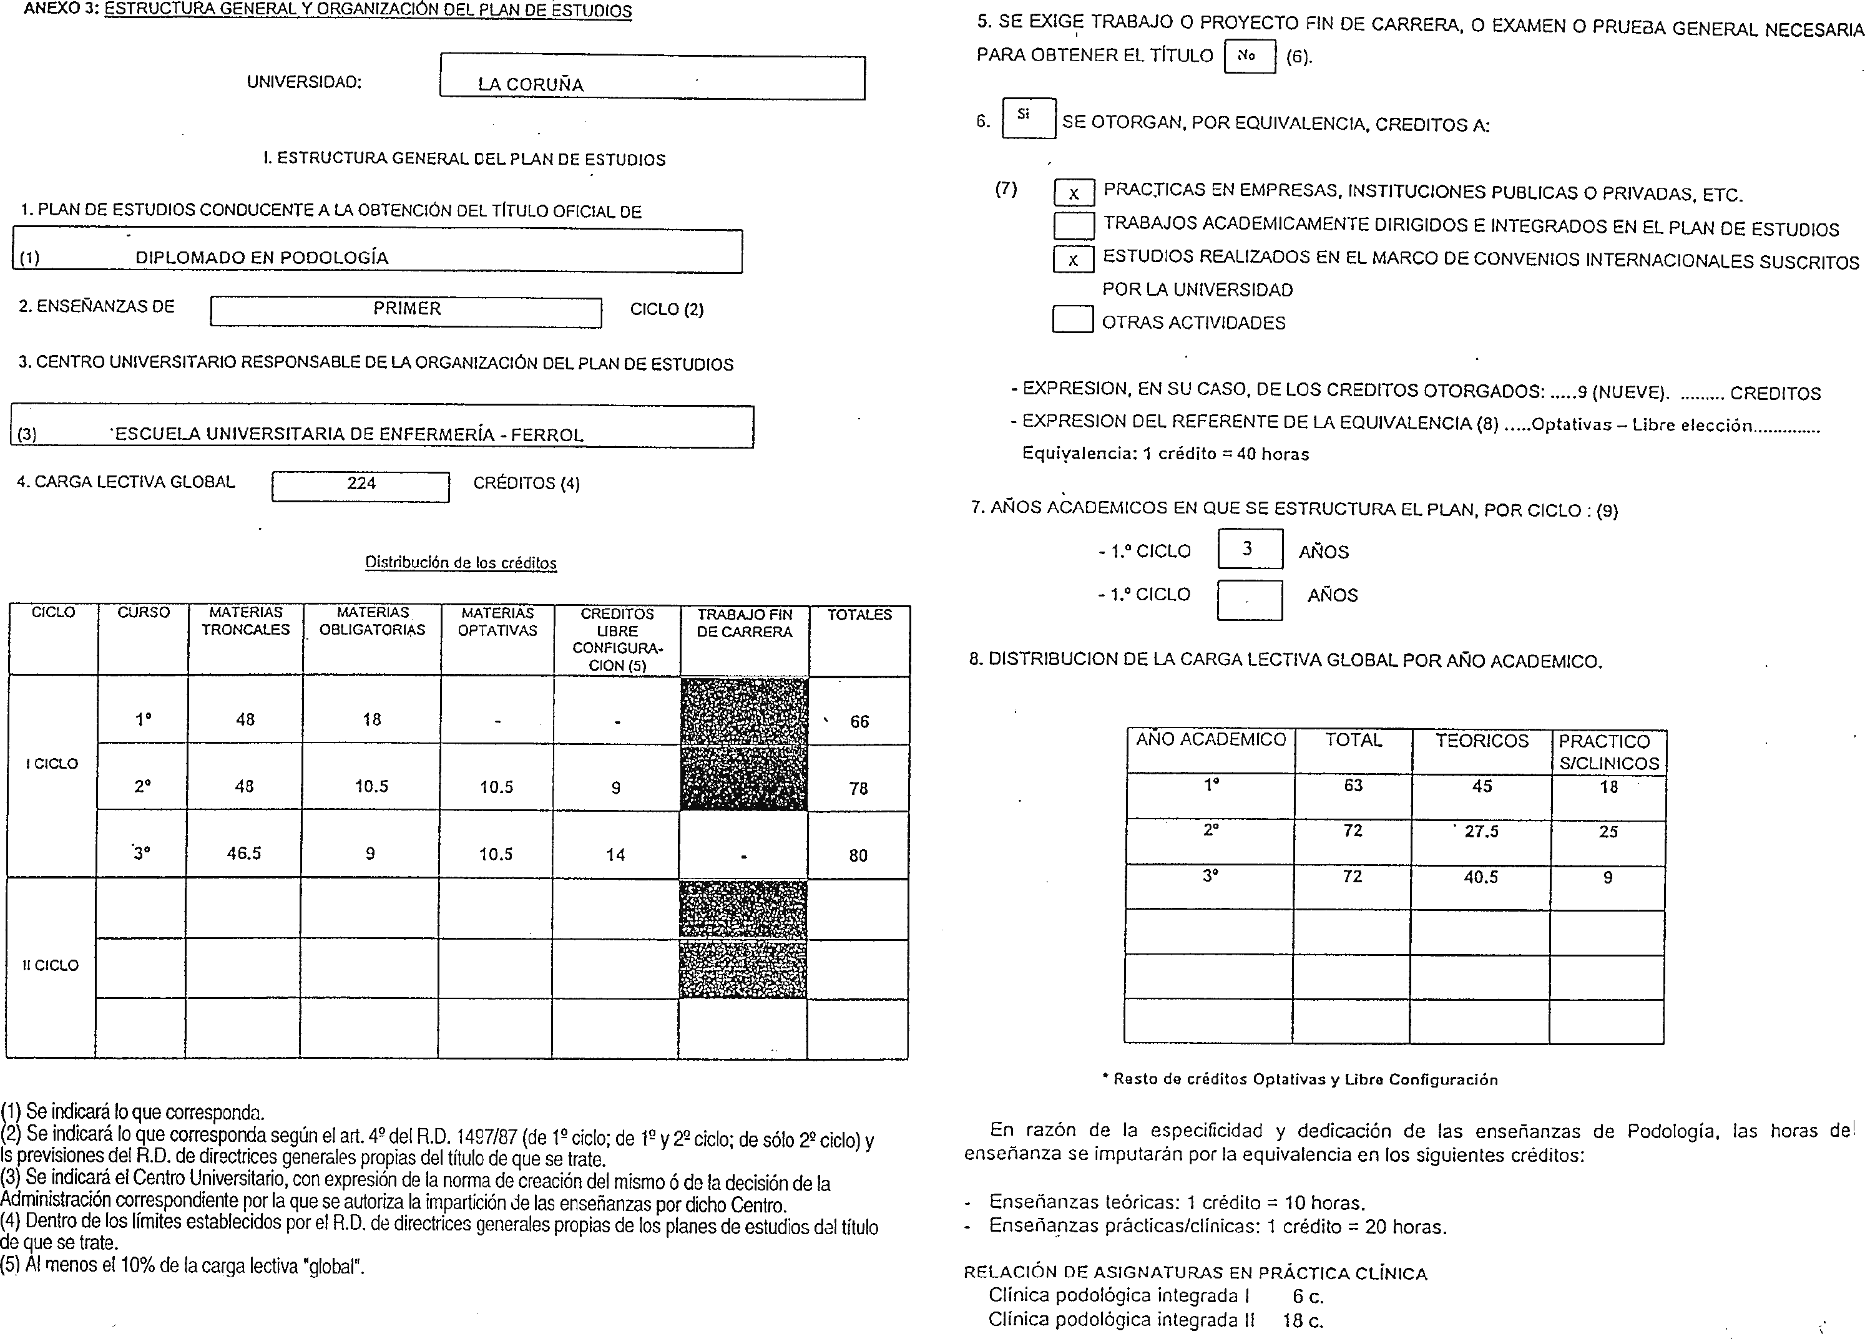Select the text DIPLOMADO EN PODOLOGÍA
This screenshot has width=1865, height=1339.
click(262, 257)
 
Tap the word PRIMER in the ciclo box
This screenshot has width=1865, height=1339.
click(406, 309)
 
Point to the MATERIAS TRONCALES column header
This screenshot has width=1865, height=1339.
click(245, 621)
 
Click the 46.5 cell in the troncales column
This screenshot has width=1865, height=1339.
click(244, 854)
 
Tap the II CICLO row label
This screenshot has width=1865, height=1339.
click(51, 965)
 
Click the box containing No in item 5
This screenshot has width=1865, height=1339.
click(1248, 56)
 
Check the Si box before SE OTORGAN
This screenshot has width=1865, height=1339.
click(1028, 117)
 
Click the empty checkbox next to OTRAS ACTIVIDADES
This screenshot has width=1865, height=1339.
click(1072, 319)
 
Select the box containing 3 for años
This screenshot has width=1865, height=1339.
click(1249, 548)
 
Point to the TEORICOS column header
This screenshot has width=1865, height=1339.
click(1481, 741)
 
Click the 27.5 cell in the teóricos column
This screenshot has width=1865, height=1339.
click(1481, 832)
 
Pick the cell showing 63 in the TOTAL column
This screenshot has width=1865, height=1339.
click(1353, 786)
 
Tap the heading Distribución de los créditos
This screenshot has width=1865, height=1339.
click(461, 563)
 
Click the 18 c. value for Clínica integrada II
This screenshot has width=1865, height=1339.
click(1303, 1321)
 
